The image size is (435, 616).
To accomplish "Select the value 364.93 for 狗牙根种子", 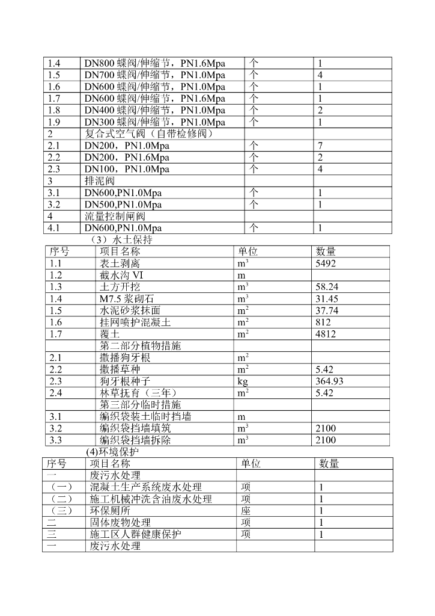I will tap(330, 381).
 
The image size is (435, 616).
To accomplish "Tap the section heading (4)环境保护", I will tap(112, 452).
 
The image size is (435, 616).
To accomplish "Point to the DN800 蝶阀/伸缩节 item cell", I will tap(155, 63).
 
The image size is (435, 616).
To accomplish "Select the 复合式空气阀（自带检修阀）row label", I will tap(148, 134).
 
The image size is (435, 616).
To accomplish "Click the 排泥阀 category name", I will tap(100, 181).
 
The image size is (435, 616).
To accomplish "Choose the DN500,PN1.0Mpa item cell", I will tap(123, 205).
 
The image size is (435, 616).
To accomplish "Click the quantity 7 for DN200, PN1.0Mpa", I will tap(320, 146).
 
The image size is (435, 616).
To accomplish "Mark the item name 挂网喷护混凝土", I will tap(135, 322).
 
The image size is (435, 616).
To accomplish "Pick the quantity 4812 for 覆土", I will tap(326, 334).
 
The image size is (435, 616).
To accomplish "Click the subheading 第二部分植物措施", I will tap(141, 346).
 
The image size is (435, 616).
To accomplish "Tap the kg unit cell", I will tap(243, 381).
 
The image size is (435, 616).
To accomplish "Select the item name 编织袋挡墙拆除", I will tap(135, 440).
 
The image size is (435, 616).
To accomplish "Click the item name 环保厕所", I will tap(110, 511).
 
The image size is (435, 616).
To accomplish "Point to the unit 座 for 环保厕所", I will tap(246, 511).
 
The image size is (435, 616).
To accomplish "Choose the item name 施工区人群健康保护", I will tap(136, 534).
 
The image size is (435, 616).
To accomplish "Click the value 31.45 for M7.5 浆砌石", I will tap(327, 299).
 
